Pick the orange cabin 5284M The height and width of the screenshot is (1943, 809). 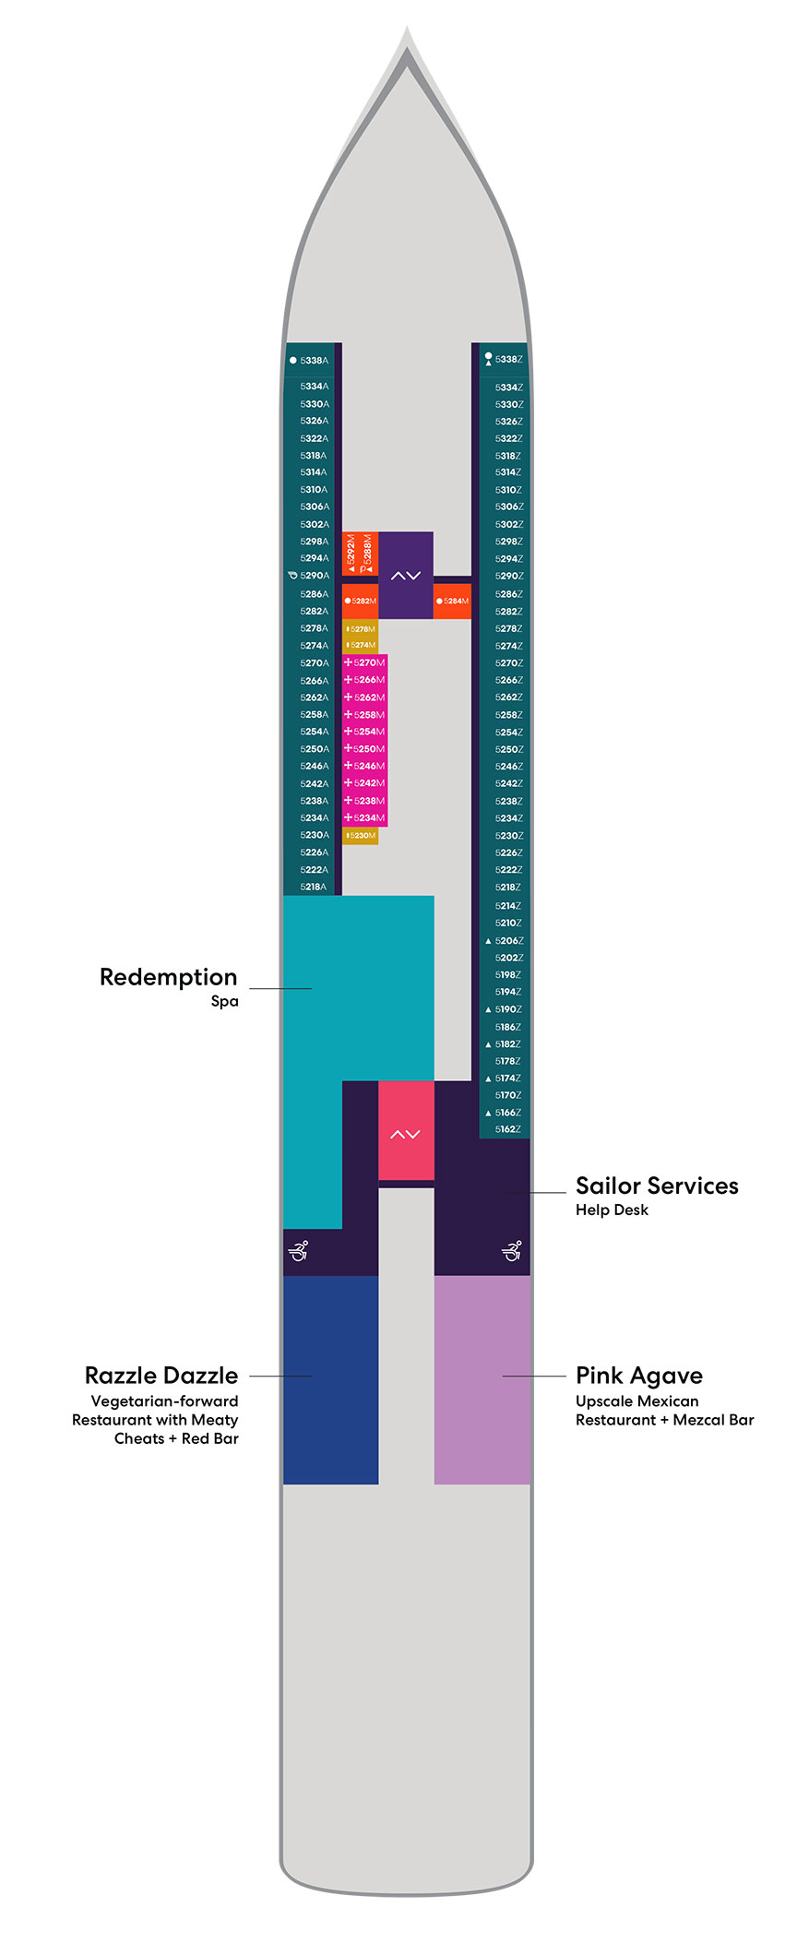(x=453, y=602)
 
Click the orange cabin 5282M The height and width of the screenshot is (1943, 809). (x=361, y=602)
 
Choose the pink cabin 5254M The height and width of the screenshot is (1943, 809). (x=365, y=733)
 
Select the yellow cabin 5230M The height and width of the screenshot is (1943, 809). (x=361, y=836)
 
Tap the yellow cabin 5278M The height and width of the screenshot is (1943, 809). (x=361, y=629)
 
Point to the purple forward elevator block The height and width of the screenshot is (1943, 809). (x=406, y=575)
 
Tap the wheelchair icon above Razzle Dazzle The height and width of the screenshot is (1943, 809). (x=298, y=1251)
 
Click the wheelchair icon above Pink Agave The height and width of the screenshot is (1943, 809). (x=512, y=1251)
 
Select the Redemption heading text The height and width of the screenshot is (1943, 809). (x=168, y=978)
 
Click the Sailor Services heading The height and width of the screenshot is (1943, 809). (x=657, y=1186)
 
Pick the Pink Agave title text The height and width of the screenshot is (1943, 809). (x=638, y=1377)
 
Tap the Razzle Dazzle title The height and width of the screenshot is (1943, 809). (x=161, y=1377)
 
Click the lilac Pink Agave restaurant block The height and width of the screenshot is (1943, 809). (x=482, y=1380)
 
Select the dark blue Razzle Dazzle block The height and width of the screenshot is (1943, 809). (x=330, y=1380)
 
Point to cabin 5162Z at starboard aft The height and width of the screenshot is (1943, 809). (x=507, y=1129)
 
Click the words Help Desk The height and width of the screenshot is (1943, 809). (x=612, y=1210)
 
